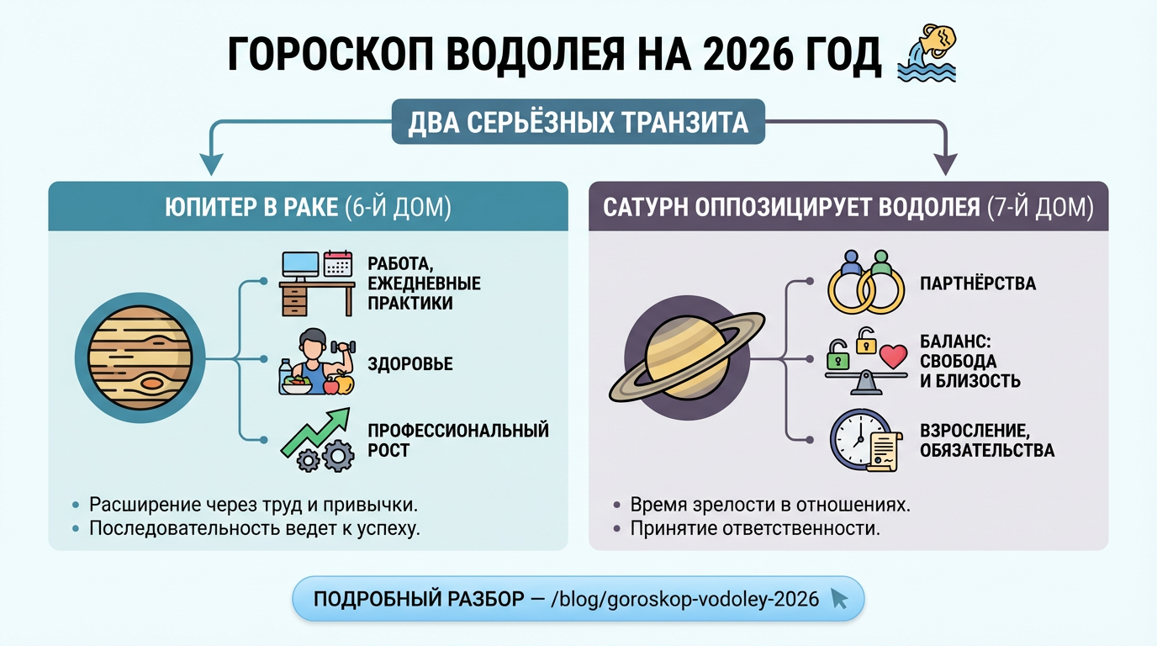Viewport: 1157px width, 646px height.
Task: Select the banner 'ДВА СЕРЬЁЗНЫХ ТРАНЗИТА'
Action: pos(578,123)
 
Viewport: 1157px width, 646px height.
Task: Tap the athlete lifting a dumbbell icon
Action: pos(315,363)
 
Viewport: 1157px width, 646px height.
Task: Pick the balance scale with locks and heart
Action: pos(866,362)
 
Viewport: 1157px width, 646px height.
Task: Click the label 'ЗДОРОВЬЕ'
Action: pos(410,364)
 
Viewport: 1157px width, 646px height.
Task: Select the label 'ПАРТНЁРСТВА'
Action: pos(978,283)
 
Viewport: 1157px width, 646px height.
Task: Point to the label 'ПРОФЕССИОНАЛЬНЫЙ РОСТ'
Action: pos(457,441)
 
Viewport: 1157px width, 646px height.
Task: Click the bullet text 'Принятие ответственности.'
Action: pos(755,529)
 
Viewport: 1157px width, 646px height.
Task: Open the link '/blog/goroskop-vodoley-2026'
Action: pos(684,599)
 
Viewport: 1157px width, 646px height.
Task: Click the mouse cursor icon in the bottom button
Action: pos(838,599)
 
